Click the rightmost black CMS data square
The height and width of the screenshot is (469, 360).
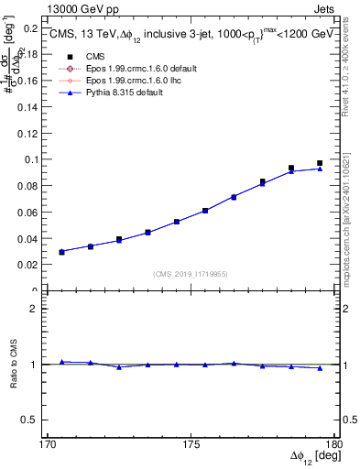coord(320,163)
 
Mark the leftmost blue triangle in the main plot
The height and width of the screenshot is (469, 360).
coord(61,251)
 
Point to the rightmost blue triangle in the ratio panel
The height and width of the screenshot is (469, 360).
coord(320,368)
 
